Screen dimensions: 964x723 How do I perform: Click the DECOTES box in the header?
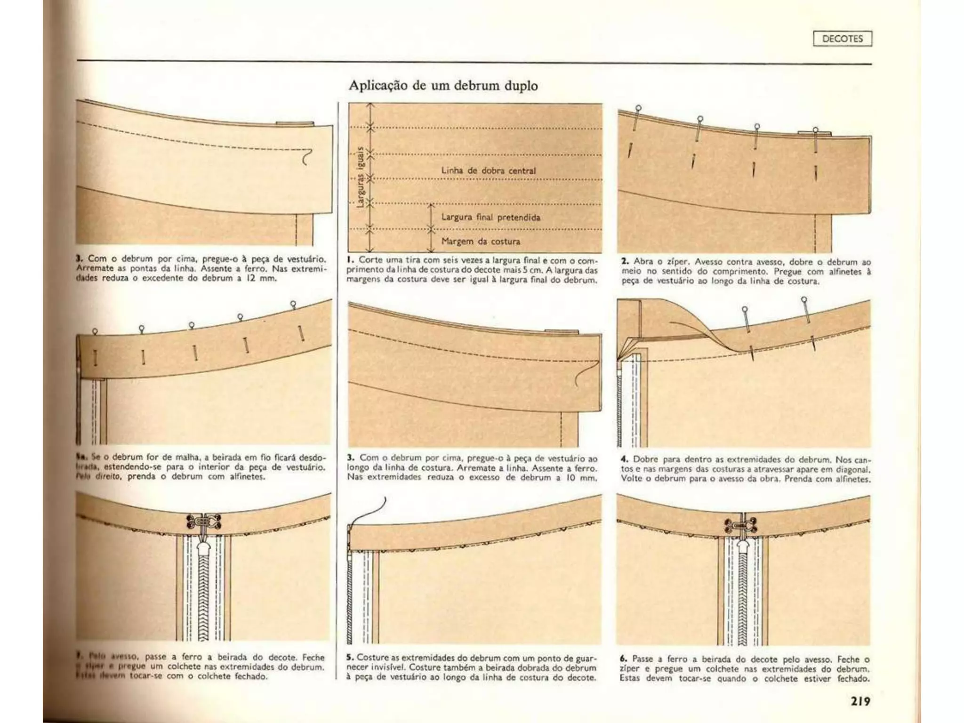pos(842,39)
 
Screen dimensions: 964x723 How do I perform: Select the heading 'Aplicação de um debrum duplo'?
pos(443,86)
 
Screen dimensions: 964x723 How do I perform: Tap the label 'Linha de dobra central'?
pos(488,170)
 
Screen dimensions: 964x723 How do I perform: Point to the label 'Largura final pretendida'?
pos(490,217)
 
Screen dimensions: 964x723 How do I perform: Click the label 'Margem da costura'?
pos(481,241)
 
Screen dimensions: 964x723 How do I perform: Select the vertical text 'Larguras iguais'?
pos(361,177)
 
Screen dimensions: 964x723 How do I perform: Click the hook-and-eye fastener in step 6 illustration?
pos(743,524)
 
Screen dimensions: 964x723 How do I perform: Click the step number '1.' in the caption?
pos(350,260)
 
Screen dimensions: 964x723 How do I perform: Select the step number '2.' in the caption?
pos(625,262)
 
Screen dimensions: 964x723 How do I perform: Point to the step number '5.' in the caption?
pos(350,657)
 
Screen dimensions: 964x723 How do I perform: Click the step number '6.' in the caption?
pos(623,659)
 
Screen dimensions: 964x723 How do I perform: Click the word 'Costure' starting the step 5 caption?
pos(373,657)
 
